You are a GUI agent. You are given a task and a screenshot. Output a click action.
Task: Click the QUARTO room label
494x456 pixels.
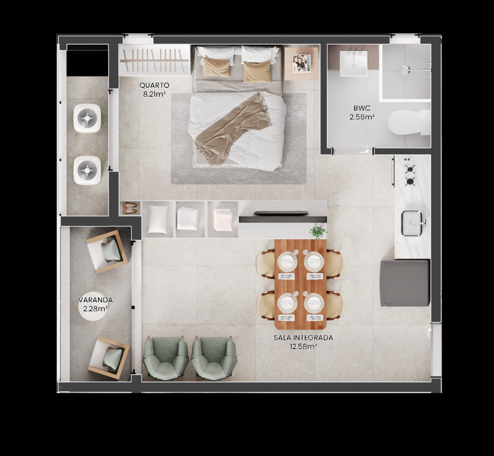pos(154,85)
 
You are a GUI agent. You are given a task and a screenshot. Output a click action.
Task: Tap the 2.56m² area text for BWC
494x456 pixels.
pos(362,117)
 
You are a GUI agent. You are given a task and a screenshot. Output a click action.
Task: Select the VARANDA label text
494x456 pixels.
pos(95,300)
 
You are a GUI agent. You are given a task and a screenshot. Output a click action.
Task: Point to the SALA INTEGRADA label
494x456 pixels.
pos(303,338)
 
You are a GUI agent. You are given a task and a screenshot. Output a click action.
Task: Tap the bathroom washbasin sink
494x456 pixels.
pos(354,63)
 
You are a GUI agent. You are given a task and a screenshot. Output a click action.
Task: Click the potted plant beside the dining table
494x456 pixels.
pos(318,231)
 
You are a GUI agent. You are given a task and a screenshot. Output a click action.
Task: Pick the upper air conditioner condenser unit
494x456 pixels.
pos(87,118)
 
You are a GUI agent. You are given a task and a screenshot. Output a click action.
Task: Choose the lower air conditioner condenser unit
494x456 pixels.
pos(87,170)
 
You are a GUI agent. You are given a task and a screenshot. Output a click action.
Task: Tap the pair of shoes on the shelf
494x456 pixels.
pos(130,208)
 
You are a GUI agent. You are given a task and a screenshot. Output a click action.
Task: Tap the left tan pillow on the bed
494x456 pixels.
pos(216,67)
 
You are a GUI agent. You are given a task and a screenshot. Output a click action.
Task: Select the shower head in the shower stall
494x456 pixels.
pos(406,69)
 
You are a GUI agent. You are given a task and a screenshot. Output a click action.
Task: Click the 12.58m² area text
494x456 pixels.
pos(303,346)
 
